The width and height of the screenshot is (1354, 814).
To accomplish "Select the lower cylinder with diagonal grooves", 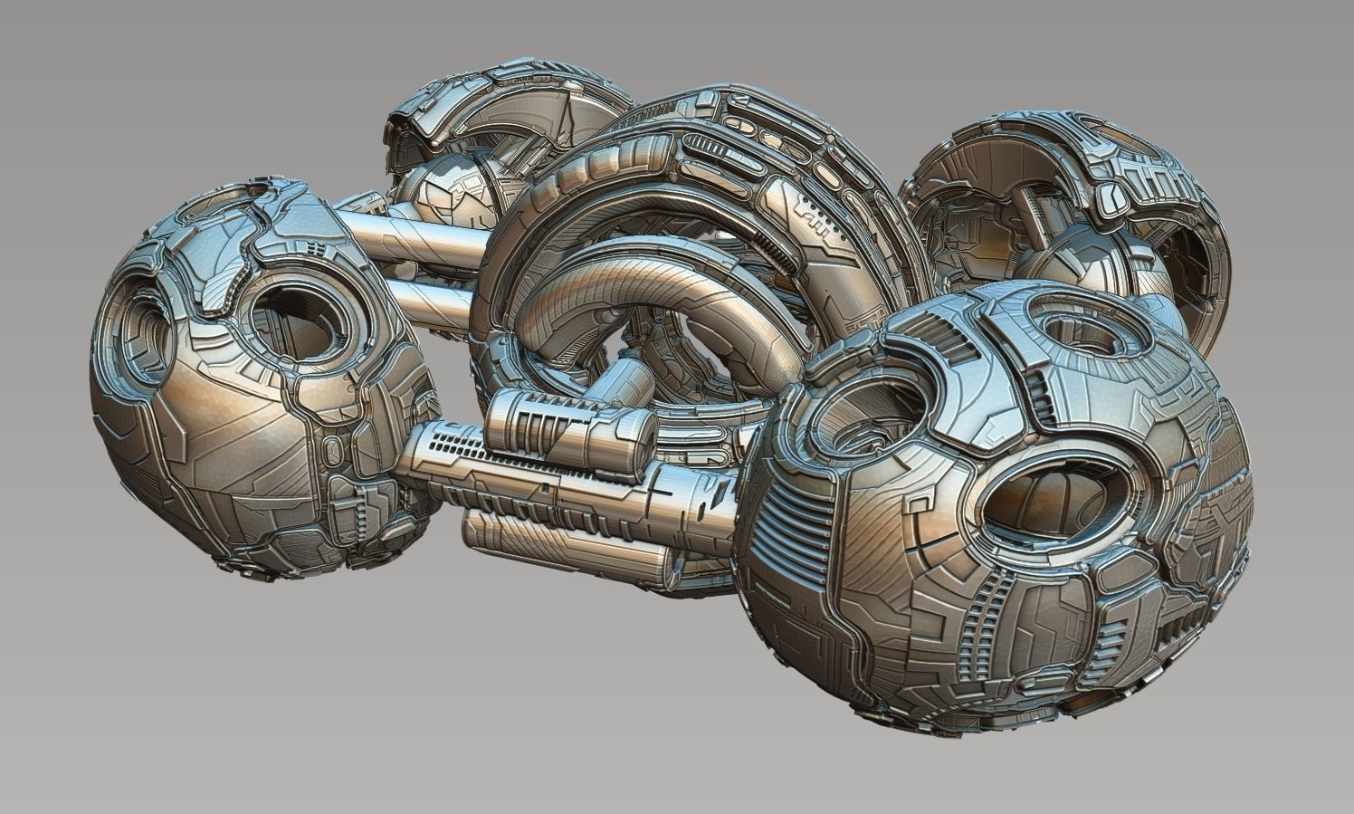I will click(x=561, y=543).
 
